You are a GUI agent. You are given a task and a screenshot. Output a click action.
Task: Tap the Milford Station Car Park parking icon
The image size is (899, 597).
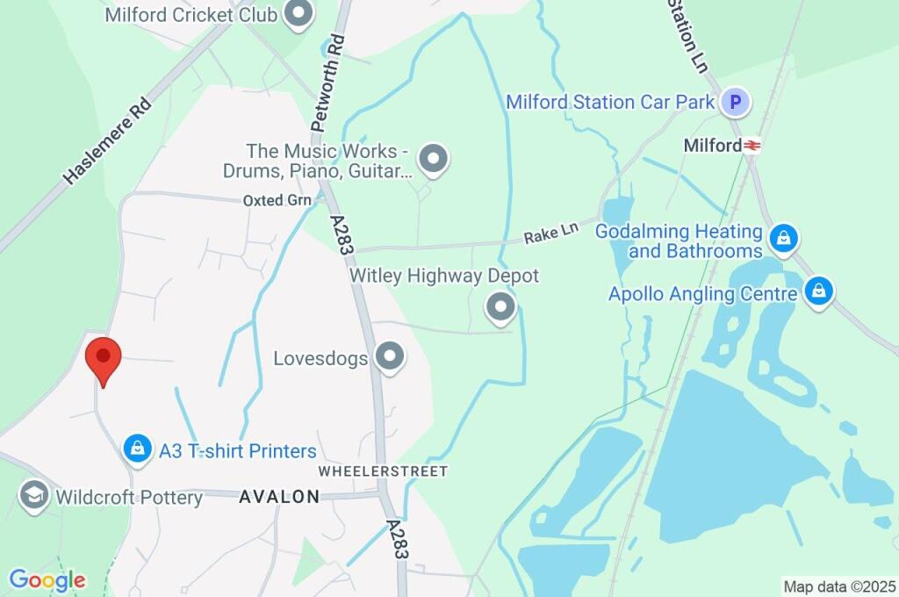click(736, 103)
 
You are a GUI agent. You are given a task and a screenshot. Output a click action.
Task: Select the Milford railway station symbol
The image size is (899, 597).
click(752, 146)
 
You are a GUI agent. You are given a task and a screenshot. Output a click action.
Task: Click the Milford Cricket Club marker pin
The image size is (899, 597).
click(300, 14)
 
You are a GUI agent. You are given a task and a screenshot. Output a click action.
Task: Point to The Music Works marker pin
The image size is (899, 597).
click(432, 159)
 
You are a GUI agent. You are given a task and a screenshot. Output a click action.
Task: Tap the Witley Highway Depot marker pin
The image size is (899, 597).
click(500, 307)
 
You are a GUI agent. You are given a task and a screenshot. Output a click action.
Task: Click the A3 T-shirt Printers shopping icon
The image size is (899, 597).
click(137, 450)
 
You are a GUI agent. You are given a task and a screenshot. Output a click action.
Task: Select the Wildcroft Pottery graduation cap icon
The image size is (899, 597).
click(33, 495)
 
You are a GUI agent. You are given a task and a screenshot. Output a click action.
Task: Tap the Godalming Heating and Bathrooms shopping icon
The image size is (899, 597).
click(783, 237)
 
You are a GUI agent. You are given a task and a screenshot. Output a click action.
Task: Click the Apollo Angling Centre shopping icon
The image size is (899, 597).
click(818, 291)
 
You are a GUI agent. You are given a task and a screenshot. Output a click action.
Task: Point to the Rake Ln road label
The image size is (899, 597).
click(552, 234)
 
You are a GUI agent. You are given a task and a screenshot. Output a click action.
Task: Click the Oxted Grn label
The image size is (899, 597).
click(277, 200)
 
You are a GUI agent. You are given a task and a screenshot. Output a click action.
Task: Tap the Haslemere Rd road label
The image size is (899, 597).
click(107, 140)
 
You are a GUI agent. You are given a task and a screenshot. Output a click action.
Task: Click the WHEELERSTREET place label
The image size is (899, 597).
click(383, 471)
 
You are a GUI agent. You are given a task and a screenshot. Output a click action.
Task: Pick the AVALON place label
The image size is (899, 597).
click(279, 497)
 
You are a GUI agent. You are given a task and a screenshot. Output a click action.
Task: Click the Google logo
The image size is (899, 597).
click(47, 580)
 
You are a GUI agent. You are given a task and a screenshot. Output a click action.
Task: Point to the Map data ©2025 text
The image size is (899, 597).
click(838, 586)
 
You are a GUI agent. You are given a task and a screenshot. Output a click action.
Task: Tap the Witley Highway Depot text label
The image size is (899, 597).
click(444, 276)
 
